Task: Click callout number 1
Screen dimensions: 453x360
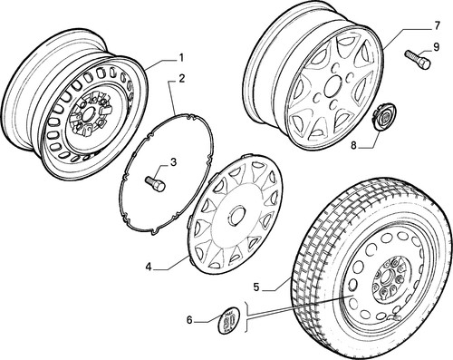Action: click(x=181, y=57)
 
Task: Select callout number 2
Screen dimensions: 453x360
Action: click(x=181, y=79)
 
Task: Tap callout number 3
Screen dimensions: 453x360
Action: click(x=173, y=162)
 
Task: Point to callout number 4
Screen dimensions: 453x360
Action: click(x=148, y=267)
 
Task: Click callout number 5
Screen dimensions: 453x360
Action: click(x=256, y=287)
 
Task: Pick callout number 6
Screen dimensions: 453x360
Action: click(x=189, y=319)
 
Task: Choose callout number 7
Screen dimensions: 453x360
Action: click(x=437, y=26)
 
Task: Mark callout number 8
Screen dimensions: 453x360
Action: click(x=353, y=145)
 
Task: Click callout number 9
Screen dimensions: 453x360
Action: click(x=436, y=47)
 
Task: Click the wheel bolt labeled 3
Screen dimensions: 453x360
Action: click(x=155, y=183)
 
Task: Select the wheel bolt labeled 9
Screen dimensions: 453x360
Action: click(x=417, y=60)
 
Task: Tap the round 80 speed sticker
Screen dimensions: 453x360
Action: click(x=228, y=320)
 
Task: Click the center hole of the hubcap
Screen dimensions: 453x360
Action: click(x=236, y=215)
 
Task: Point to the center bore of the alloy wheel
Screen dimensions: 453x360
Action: click(x=333, y=86)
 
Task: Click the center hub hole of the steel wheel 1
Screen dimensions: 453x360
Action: click(x=88, y=114)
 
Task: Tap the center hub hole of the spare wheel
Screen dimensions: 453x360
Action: click(x=387, y=278)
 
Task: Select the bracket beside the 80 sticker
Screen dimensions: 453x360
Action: click(x=246, y=316)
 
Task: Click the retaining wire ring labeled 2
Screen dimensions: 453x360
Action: click(x=167, y=173)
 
